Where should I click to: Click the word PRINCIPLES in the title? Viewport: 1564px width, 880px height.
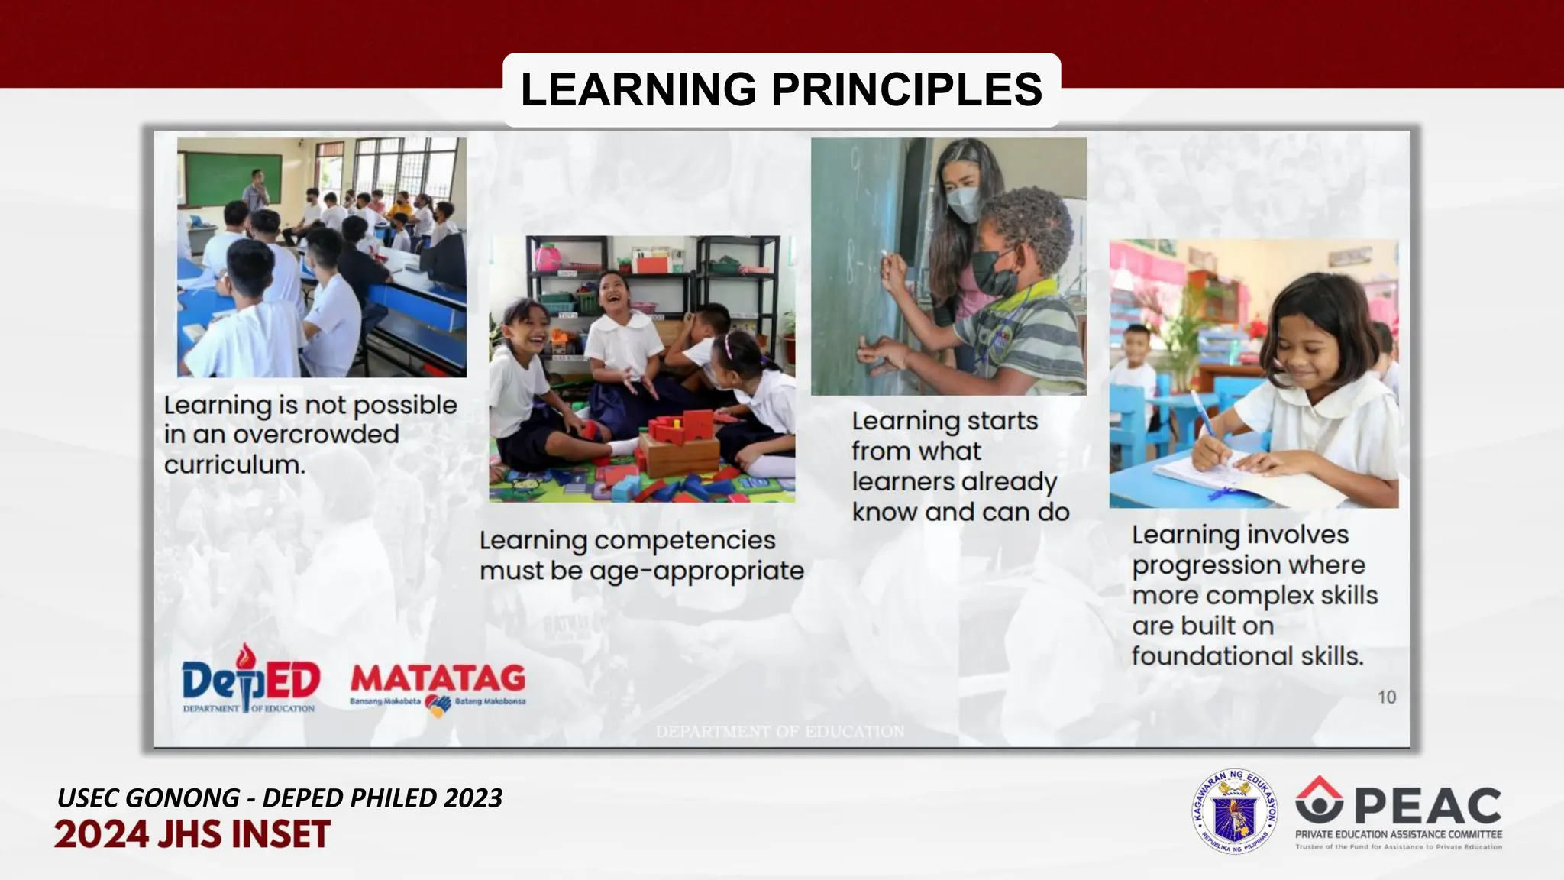coord(906,89)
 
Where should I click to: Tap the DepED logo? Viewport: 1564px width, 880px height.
coord(250,679)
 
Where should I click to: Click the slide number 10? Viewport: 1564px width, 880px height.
coord(1386,697)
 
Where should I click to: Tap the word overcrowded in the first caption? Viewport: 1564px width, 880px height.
coord(315,435)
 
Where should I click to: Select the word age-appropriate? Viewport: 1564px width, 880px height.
coord(696,571)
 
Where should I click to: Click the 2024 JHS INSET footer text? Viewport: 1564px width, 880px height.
coord(192,834)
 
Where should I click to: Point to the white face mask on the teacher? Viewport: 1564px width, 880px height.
coord(965,204)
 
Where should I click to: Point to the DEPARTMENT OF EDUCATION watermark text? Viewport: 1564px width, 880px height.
coord(780,731)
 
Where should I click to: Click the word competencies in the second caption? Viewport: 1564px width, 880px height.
coord(684,540)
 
